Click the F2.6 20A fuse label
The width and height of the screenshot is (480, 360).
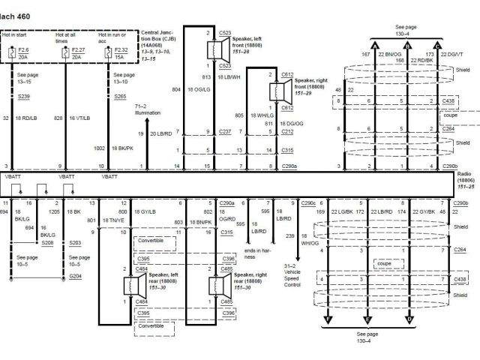[x=25, y=52]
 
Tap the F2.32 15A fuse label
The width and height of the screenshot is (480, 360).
[x=121, y=52]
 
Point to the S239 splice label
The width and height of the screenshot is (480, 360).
[x=25, y=97]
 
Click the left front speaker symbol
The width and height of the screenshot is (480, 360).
[x=217, y=49]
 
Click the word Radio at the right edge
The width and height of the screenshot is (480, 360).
[x=464, y=174]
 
